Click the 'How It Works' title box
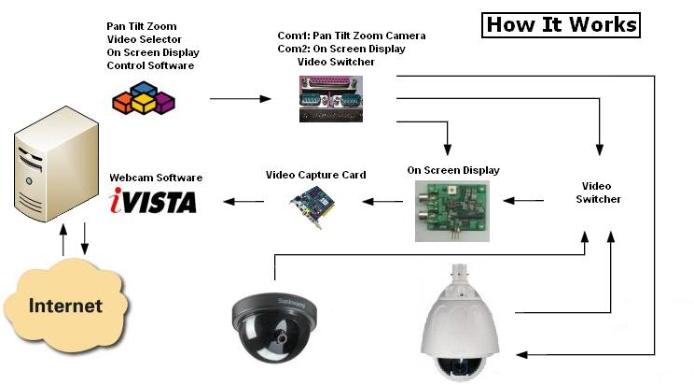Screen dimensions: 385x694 click(x=561, y=24)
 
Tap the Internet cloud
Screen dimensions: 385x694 click(x=65, y=305)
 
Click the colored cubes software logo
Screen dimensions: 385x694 click(x=144, y=96)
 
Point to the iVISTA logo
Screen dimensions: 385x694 click(x=153, y=200)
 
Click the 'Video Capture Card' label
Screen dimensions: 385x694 click(x=315, y=175)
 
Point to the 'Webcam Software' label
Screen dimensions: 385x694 click(x=156, y=178)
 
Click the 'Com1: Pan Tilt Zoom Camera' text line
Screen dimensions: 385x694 click(x=351, y=36)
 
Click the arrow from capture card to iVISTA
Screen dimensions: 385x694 click(x=246, y=200)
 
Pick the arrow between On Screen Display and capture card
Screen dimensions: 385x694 click(x=383, y=200)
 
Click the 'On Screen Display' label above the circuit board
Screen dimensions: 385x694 click(x=453, y=170)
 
